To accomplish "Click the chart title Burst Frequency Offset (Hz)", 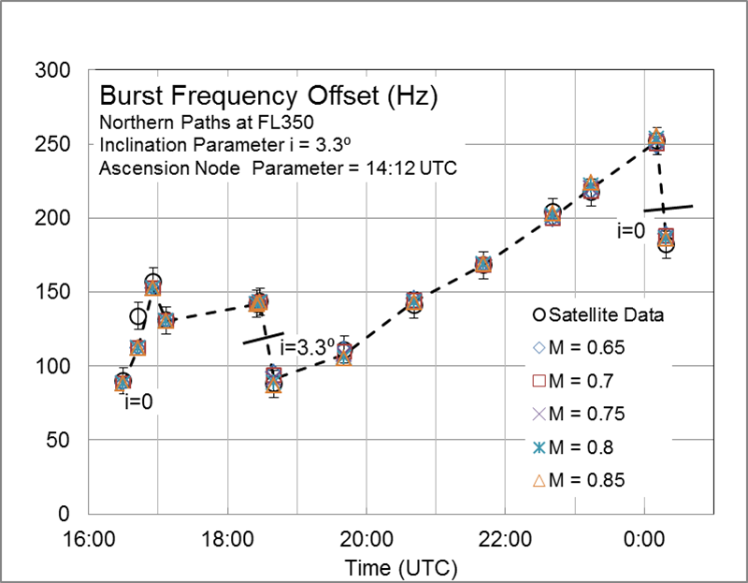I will pos(268,96).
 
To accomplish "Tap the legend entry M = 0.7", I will pos(572,381).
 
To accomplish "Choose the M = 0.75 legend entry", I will pos(577,414).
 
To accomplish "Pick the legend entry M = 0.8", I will pos(572,447).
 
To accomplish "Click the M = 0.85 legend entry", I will pos(577,480).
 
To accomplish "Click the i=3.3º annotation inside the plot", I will pos(308,348).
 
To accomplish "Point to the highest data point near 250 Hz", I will pos(656,141).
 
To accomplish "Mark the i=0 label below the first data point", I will pos(139,402).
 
